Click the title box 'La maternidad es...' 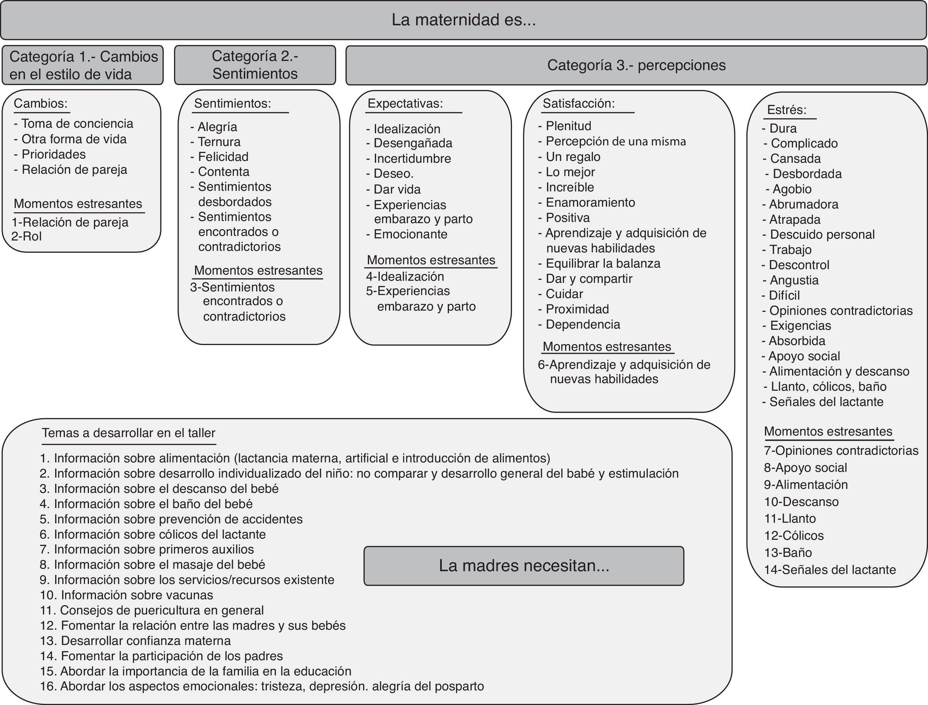point(464,20)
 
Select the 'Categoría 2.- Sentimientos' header point(255,65)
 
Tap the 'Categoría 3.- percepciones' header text point(636,65)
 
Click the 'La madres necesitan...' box point(524,566)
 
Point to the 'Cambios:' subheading point(41,103)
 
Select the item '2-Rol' point(27,236)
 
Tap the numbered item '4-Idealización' point(405,276)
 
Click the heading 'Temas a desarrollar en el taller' point(128,433)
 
